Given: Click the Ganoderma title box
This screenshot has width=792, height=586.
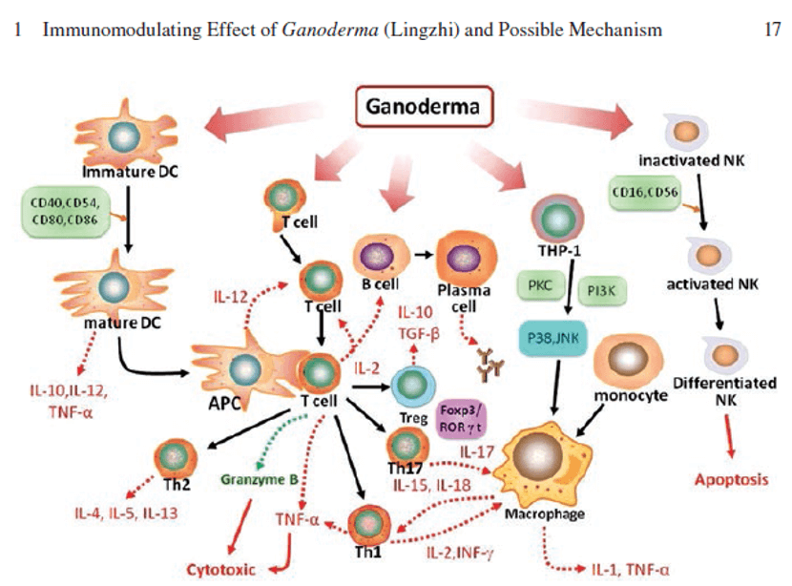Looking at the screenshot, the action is click(x=425, y=107).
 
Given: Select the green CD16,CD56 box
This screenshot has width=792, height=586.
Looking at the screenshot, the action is click(x=644, y=193).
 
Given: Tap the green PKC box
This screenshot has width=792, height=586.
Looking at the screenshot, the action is click(x=540, y=286).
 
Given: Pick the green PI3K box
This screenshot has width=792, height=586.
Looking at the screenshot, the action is click(x=601, y=290).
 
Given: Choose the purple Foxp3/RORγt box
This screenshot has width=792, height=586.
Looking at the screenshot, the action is click(x=460, y=418).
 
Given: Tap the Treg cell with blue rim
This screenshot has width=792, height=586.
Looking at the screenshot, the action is click(x=414, y=387).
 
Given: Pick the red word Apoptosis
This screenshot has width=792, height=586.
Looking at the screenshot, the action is click(x=732, y=479).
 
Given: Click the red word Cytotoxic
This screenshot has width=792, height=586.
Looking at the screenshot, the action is click(x=221, y=570).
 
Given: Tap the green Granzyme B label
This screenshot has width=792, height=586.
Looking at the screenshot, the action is click(x=260, y=479).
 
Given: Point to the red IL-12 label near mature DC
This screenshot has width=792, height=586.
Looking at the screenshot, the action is click(x=231, y=297).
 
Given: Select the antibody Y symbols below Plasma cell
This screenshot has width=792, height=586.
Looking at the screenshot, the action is click(x=490, y=365).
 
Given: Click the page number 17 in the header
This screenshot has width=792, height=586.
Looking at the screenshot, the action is click(x=772, y=30).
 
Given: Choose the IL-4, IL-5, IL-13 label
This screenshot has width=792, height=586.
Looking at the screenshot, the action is click(x=126, y=513).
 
